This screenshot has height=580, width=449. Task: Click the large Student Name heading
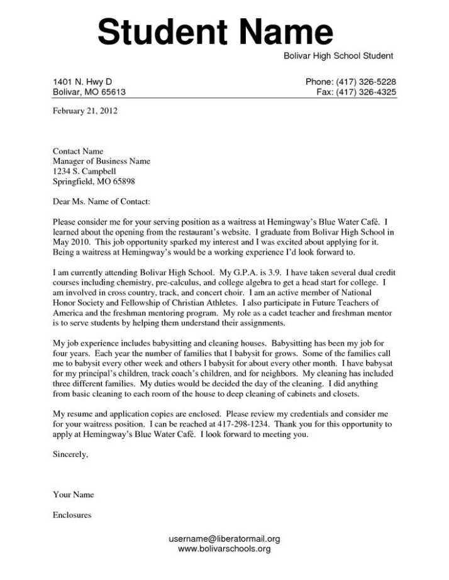pyautogui.click(x=215, y=31)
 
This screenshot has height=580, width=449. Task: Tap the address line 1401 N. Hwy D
pyautogui.click(x=82, y=82)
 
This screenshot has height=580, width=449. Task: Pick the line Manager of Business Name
pyautogui.click(x=101, y=161)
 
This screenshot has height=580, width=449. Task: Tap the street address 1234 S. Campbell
pyautogui.click(x=84, y=172)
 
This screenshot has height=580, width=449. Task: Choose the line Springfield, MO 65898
pyautogui.click(x=94, y=182)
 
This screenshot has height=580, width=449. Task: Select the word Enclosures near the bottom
pyautogui.click(x=72, y=515)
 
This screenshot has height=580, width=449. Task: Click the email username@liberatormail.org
pyautogui.click(x=224, y=539)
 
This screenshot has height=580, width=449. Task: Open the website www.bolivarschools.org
pyautogui.click(x=224, y=549)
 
